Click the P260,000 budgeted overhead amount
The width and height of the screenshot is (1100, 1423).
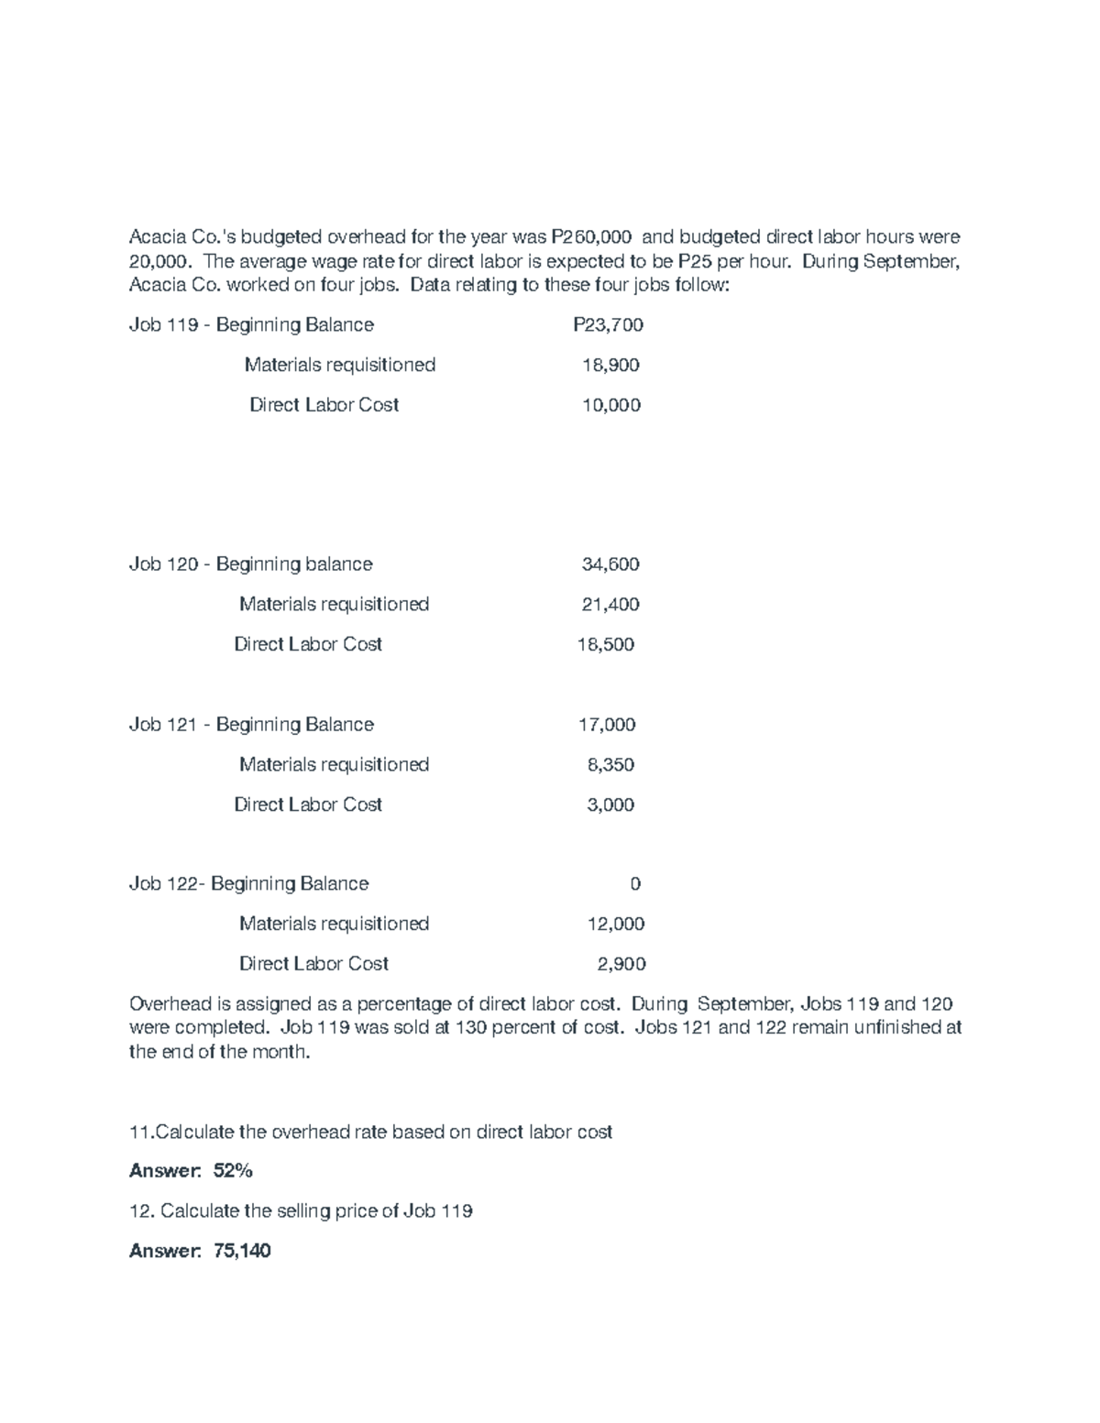pyautogui.click(x=589, y=237)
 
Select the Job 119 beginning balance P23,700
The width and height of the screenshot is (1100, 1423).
pyautogui.click(x=608, y=324)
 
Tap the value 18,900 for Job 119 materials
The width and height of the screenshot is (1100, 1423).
pyautogui.click(x=610, y=365)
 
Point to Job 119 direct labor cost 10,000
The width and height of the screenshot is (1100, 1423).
pyautogui.click(x=611, y=405)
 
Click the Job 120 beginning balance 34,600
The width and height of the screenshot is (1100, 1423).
pyautogui.click(x=610, y=564)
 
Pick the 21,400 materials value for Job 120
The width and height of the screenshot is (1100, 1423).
pyautogui.click(x=610, y=604)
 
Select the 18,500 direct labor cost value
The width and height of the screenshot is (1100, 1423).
pyautogui.click(x=605, y=644)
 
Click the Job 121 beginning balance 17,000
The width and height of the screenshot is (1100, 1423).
pyautogui.click(x=606, y=724)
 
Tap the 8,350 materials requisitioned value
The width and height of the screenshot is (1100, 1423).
pyautogui.click(x=610, y=764)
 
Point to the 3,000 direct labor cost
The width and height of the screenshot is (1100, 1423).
pyautogui.click(x=610, y=805)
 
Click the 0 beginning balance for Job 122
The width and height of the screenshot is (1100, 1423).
pyautogui.click(x=635, y=883)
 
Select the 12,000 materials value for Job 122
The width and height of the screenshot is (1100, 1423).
pyautogui.click(x=615, y=924)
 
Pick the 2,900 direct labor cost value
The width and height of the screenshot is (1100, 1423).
pyautogui.click(x=621, y=964)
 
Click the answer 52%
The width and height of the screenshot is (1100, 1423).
pyautogui.click(x=233, y=1171)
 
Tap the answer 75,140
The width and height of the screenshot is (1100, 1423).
pyautogui.click(x=241, y=1251)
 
